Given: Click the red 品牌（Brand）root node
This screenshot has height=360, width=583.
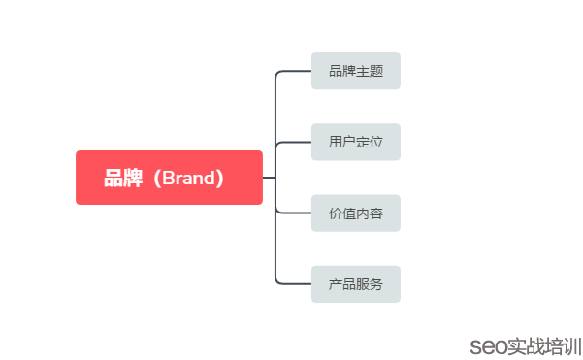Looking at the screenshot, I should (169, 178).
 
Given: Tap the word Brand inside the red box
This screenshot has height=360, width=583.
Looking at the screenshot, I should (189, 179).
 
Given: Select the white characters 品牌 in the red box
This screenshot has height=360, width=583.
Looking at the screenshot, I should (123, 179).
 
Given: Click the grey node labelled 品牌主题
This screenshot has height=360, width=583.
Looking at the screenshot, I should (355, 71).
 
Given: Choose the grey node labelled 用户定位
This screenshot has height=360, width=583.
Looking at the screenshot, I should (355, 143).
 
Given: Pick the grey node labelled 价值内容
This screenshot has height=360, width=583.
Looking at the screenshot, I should (355, 213).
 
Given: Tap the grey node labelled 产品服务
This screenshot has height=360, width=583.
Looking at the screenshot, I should (355, 284).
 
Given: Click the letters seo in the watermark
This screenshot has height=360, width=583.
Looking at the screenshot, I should (483, 345).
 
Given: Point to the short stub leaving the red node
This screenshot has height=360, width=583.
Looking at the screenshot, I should (269, 178).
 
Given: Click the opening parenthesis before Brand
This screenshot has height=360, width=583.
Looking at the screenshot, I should (153, 179).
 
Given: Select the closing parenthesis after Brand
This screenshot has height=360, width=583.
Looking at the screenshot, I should (222, 179).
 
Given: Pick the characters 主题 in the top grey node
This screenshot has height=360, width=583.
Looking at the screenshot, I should (370, 71).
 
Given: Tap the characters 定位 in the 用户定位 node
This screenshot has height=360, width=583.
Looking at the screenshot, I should (370, 143).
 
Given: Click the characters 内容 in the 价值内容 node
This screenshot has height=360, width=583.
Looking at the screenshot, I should (370, 213).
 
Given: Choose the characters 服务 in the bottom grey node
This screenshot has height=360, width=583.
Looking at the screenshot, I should (370, 284).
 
